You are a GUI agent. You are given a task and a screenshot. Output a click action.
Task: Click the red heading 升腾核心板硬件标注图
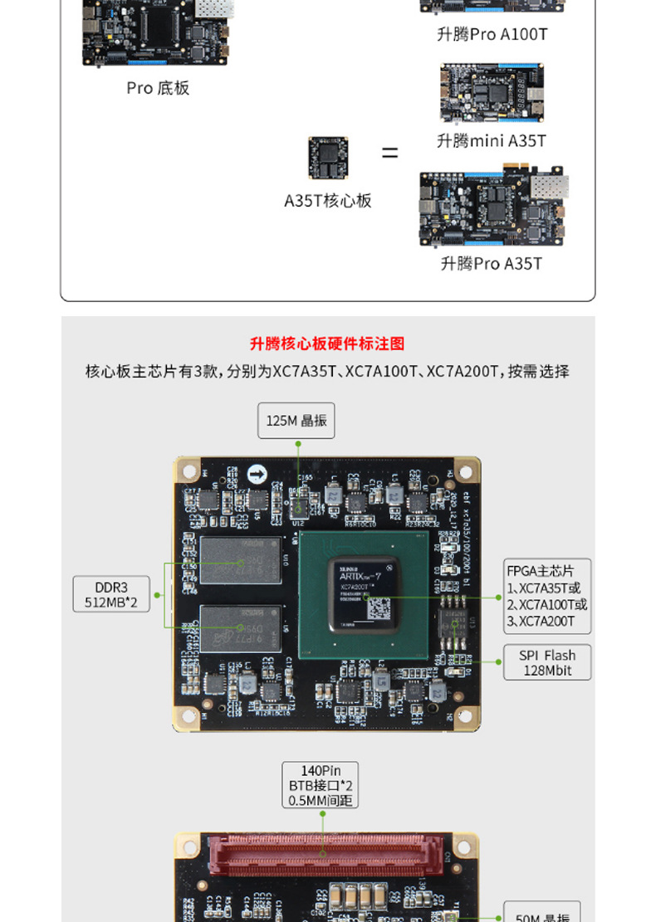[x=327, y=344]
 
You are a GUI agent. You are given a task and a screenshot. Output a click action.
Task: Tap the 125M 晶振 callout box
[x=296, y=421]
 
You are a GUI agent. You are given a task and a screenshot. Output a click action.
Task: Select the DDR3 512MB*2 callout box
[x=111, y=594]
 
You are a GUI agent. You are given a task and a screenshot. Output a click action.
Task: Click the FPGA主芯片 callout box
[x=547, y=596]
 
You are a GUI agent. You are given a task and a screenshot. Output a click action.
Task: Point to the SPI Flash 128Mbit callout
[x=547, y=662]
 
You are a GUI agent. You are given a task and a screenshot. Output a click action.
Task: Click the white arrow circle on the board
[x=258, y=476]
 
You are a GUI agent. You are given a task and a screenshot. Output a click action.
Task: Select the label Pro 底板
[x=158, y=88]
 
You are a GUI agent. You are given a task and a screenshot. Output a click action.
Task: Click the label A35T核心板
[x=328, y=201]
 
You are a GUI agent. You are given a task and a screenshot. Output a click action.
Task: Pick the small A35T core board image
[x=328, y=158]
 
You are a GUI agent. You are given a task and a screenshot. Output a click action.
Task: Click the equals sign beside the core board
[x=389, y=154]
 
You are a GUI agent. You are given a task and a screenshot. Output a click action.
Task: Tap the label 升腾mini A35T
[x=492, y=141]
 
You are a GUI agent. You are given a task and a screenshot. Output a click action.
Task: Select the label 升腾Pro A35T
[x=491, y=264]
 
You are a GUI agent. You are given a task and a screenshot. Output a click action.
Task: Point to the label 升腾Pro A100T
[x=492, y=35]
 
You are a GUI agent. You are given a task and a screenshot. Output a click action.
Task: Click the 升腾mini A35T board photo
[x=492, y=93]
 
